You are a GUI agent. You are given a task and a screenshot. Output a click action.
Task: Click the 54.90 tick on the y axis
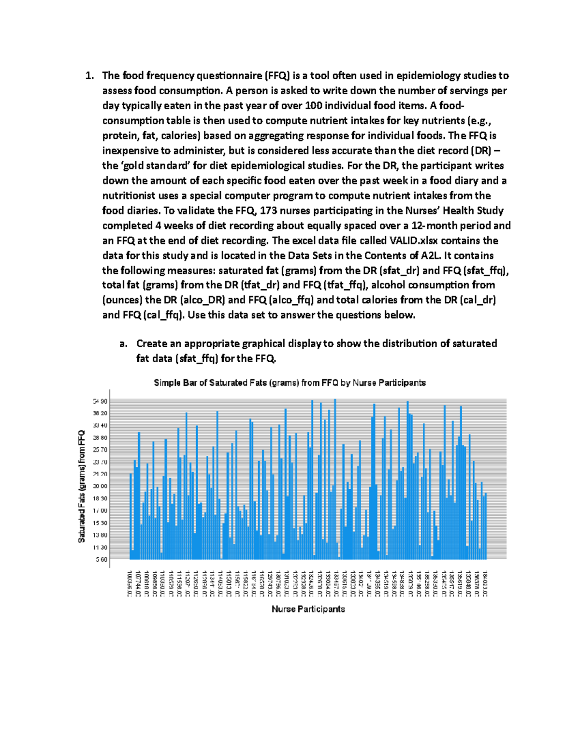[101, 401]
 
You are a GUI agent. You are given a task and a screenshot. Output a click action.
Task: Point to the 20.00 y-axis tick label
[101, 486]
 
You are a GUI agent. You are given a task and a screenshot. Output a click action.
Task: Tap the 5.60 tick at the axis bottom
[101, 560]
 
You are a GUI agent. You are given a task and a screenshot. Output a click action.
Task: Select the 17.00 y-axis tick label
[101, 510]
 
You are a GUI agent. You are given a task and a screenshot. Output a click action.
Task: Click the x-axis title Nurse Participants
[308, 609]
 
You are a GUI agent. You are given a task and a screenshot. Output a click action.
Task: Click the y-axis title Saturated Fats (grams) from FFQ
[82, 486]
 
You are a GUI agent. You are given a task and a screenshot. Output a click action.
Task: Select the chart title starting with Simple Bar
[290, 383]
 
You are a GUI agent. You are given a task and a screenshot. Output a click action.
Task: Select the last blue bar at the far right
[485, 526]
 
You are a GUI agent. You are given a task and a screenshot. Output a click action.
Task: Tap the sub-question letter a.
[124, 344]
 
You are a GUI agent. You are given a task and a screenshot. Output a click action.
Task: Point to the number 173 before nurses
[269, 211]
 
